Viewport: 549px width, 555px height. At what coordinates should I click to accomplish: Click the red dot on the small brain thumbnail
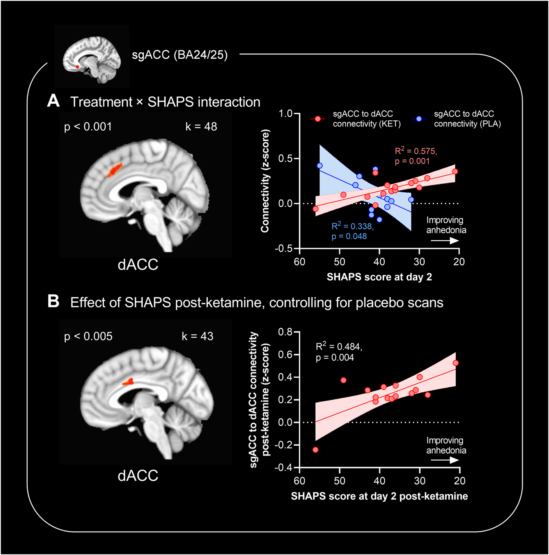point(77,67)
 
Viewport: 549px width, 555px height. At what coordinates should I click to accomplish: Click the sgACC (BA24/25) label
point(180,54)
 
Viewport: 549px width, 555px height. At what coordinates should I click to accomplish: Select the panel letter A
point(53,100)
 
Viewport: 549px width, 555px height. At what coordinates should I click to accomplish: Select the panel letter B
point(53,301)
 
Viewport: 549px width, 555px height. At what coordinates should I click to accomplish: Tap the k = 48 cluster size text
point(201,126)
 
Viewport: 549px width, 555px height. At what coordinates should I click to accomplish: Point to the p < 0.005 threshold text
point(88,336)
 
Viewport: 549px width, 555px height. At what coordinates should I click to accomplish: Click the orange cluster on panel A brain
point(114,170)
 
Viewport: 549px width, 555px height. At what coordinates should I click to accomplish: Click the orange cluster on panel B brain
point(129,382)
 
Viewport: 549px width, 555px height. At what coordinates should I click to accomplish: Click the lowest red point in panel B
point(315,450)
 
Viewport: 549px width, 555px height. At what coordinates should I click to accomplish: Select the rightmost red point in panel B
point(455,363)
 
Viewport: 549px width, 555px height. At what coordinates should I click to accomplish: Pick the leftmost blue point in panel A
point(320,165)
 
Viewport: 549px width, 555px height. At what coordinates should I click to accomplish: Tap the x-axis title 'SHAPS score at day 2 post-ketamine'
point(379,496)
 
